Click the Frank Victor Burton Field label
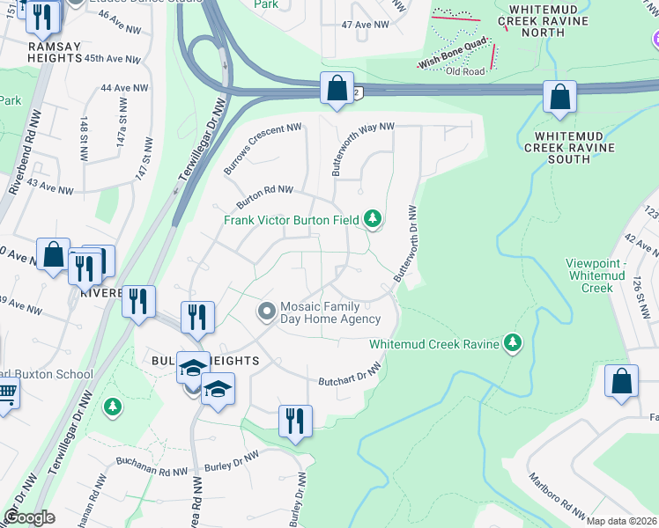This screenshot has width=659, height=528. click(x=290, y=220)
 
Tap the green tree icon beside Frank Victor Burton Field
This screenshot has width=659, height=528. click(x=374, y=218)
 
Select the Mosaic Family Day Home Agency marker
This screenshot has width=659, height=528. click(x=267, y=312)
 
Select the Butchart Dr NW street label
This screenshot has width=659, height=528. click(x=350, y=376)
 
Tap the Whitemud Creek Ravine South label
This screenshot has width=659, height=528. click(x=568, y=148)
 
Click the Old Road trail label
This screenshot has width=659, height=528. click(x=465, y=71)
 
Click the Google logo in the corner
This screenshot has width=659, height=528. click(x=29, y=517)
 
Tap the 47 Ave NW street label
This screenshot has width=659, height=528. click(x=365, y=25)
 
